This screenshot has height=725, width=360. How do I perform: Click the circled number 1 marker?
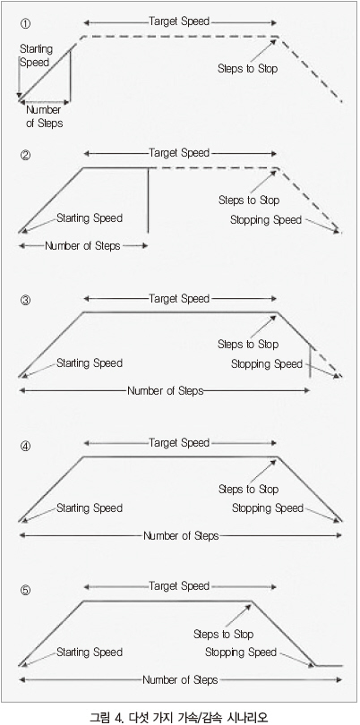click(26, 23)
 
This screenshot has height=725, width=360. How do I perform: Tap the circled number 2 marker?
click(26, 156)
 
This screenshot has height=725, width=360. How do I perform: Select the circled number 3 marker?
click(26, 301)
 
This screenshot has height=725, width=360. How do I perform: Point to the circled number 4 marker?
click(26, 447)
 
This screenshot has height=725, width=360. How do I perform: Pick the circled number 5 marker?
click(26, 591)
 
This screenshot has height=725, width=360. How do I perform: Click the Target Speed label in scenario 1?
click(179, 21)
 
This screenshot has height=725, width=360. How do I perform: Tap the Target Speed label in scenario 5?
click(179, 586)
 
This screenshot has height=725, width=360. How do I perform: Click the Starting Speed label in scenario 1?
click(36, 55)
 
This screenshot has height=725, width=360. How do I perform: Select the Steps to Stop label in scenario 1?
click(247, 69)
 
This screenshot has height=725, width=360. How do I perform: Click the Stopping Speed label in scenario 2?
click(266, 220)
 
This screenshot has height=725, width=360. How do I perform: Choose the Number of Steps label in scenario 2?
click(82, 246)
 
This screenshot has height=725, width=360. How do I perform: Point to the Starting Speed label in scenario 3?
click(90, 363)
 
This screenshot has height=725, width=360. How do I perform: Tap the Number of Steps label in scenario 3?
click(165, 391)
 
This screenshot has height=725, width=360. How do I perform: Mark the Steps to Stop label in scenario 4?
click(248, 490)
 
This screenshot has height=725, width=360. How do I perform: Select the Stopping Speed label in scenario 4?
click(268, 508)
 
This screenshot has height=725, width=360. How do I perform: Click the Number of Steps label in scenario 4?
click(181, 536)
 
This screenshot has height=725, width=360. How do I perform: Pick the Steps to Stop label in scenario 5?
click(224, 634)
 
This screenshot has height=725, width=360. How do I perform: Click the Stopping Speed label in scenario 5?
click(241, 652)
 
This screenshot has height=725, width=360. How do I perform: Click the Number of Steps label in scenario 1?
click(44, 117)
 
